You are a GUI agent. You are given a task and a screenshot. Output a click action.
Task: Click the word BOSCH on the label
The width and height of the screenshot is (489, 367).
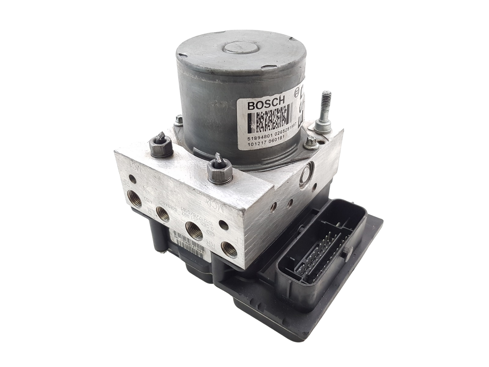click(x=266, y=107)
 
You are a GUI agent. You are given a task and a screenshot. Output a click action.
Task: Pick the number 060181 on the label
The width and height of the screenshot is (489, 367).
click(x=276, y=137)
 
